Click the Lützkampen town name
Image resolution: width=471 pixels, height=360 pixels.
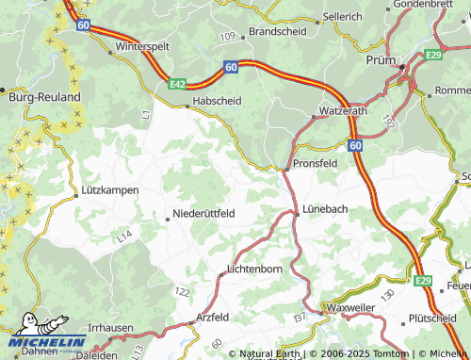[109, 190]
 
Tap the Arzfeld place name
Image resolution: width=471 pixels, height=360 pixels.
[213, 317]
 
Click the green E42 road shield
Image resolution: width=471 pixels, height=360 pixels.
[177, 84]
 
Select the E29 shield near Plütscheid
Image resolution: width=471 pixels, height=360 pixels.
[423, 280]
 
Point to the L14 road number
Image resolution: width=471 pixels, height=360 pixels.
[125, 240]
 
